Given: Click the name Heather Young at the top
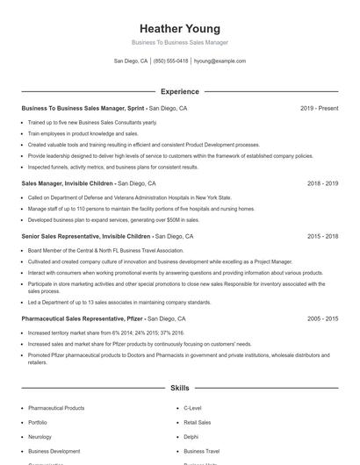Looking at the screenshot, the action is pos(179,29).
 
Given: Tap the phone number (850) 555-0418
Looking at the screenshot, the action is pos(170,61).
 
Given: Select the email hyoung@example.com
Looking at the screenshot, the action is pos(220,61).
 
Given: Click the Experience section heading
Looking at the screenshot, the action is pos(179,91).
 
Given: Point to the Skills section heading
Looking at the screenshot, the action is pos(179,387).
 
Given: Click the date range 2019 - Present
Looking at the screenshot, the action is pos(319,109).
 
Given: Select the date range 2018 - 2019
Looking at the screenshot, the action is pos(322,184).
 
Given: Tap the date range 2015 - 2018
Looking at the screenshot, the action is pos(322,237).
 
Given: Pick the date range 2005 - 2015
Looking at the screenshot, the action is pos(322,318).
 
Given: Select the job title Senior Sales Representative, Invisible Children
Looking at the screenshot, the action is pos(86,237).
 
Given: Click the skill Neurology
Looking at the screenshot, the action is pos(40,436).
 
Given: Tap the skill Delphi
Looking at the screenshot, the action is pos(191,436).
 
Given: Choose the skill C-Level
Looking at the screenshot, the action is pos(192,408).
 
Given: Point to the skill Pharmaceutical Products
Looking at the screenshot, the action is pos(56,408).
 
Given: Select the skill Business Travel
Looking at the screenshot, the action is pos(201,450).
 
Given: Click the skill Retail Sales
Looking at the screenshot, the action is pos(197,422).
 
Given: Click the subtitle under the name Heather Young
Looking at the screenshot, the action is pos(179,42).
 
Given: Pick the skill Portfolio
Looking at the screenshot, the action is pos(39,422).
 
